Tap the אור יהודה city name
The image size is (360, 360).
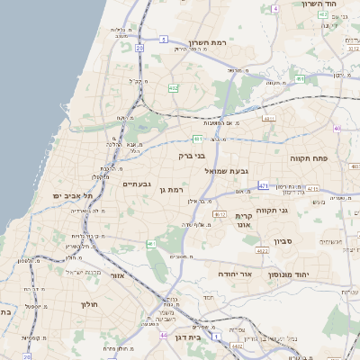[238, 273]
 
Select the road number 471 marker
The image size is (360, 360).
[263, 185]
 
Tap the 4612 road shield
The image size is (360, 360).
[220, 214]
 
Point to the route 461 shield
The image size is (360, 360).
[150, 244]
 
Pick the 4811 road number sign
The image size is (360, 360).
[268, 118]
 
